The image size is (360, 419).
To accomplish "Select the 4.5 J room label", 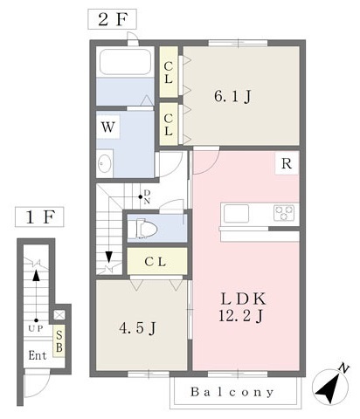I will pos(137,328).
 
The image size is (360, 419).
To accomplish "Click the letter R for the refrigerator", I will pos(286,163).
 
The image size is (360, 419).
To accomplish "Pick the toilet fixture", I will pos(143,229).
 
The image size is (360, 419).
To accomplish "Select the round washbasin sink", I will pos(106,162).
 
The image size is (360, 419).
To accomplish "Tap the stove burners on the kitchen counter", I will pos(285,211).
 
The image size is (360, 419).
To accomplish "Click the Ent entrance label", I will pos(37,355).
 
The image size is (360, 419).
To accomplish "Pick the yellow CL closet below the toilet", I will pos(157,260).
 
